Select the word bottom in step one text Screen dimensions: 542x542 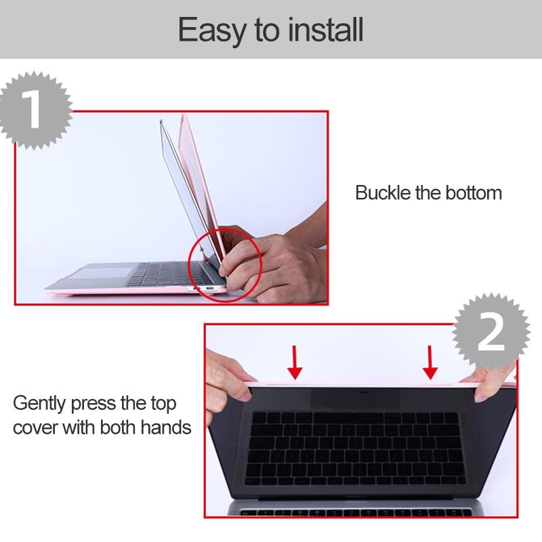click(x=473, y=192)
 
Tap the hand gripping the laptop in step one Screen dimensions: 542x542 click(x=271, y=261)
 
